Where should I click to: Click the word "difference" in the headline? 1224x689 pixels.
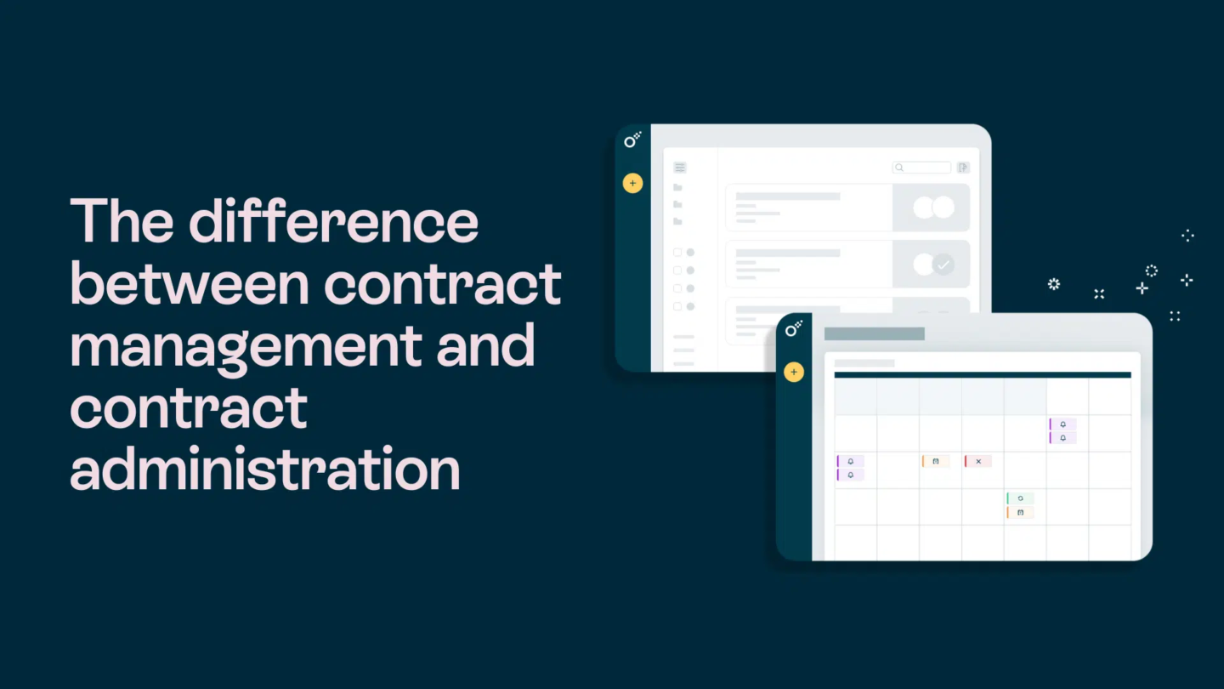(333, 221)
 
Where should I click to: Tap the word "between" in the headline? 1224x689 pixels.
(190, 283)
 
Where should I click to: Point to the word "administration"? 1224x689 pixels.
(265, 468)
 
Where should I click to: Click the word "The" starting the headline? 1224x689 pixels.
(122, 221)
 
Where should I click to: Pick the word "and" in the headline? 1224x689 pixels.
(485, 345)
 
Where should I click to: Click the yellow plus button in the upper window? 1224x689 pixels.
(632, 183)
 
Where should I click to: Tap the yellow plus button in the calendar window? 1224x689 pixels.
(794, 373)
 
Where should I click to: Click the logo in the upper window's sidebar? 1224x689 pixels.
(632, 140)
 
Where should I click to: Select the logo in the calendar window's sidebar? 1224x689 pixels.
(793, 329)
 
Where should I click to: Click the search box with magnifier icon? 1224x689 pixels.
(921, 168)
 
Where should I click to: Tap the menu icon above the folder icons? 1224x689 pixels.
(680, 168)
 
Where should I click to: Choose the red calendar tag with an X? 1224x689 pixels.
(977, 462)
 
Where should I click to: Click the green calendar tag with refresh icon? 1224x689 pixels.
(1020, 498)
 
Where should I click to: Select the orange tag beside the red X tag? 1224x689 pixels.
(936, 462)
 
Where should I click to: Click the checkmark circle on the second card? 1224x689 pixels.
(943, 265)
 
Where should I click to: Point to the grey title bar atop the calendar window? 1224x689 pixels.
(875, 333)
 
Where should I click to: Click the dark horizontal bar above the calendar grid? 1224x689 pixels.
(983, 375)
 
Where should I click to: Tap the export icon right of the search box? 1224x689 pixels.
(963, 168)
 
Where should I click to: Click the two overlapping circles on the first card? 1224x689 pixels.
(934, 208)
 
